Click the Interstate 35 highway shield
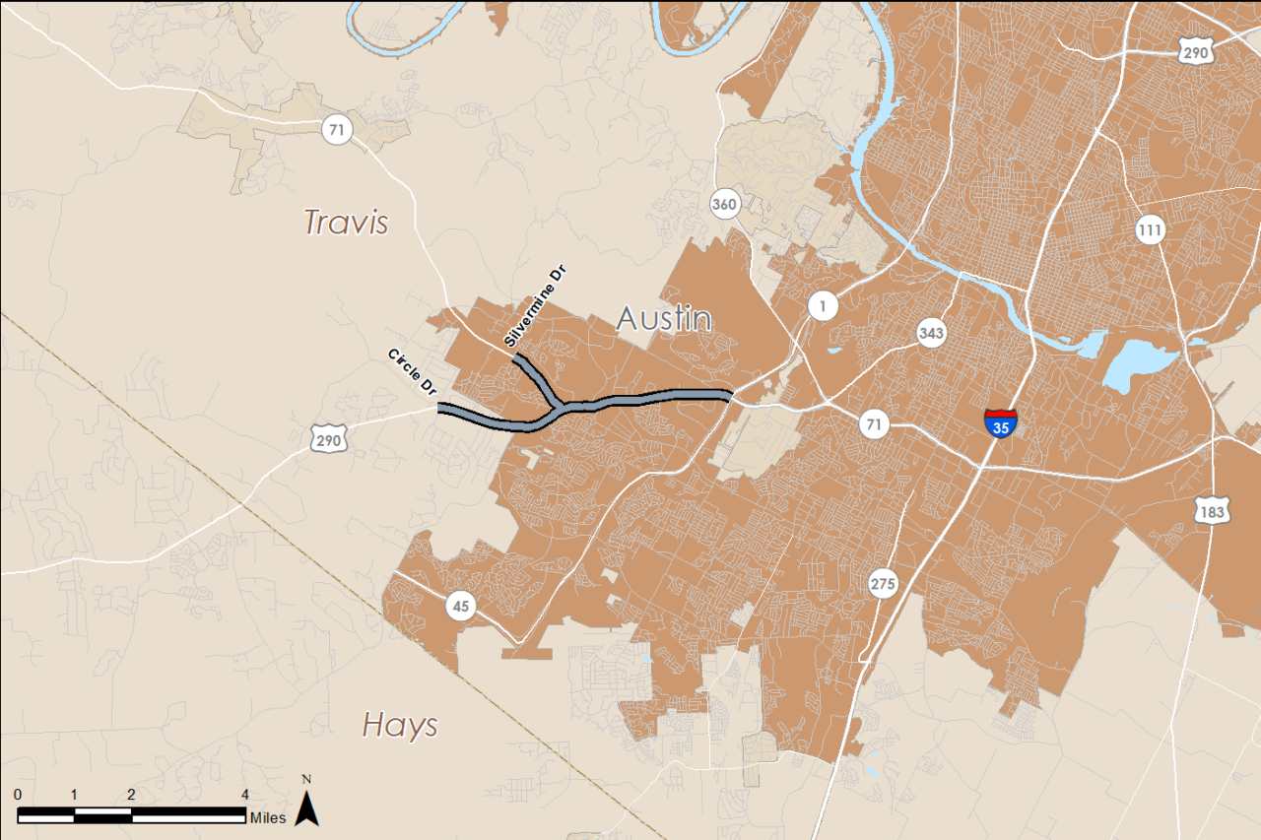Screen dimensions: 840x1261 click(1000, 423)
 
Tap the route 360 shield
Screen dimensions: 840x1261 click(724, 205)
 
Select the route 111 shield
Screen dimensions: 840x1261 click(1150, 230)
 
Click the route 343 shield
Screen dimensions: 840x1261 click(931, 333)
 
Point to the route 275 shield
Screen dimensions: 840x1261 click(884, 584)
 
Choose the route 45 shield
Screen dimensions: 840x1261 click(461, 606)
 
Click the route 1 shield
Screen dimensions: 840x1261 click(823, 306)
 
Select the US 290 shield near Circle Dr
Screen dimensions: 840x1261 click(328, 439)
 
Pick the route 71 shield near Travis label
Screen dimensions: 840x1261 click(336, 128)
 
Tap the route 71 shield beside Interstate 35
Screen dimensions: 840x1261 click(873, 424)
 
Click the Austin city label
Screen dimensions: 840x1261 click(664, 319)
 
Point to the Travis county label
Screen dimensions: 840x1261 click(346, 222)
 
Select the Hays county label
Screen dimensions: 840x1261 click(400, 726)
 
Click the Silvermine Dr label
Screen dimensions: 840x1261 click(536, 307)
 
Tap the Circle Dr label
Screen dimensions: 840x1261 click(413, 372)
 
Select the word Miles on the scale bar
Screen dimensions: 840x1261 click(268, 817)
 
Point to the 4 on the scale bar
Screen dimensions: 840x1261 click(245, 795)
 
